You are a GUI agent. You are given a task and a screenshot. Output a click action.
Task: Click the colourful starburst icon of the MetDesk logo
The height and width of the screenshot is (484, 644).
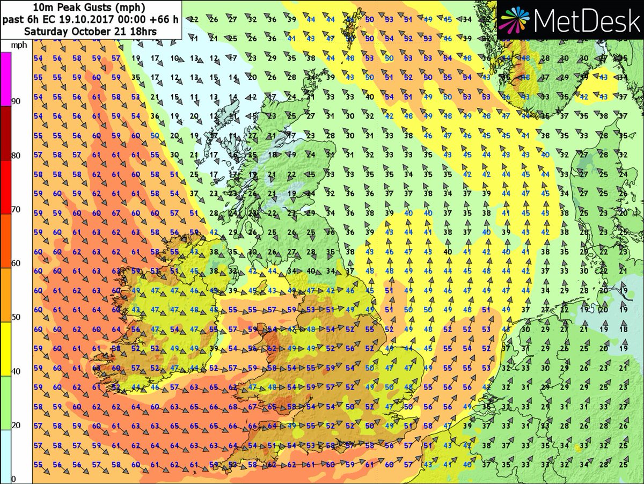tap(516, 20)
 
